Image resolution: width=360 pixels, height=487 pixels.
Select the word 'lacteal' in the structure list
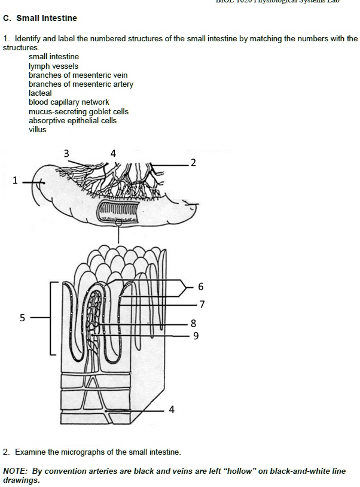click(40, 93)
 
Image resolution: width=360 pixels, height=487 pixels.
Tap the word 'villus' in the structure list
click(37, 130)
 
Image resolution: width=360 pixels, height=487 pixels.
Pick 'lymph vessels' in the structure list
click(53, 66)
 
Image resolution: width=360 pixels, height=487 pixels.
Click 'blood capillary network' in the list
click(69, 102)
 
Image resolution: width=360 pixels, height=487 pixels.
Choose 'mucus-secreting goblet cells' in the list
click(78, 112)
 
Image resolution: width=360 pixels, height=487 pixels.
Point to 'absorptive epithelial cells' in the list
click(72, 121)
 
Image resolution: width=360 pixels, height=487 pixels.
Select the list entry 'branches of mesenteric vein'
click(78, 75)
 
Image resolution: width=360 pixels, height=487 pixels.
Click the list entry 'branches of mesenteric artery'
click(81, 84)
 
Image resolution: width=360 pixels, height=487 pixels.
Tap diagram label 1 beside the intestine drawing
click(15, 181)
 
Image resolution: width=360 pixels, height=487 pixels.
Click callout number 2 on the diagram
click(193, 163)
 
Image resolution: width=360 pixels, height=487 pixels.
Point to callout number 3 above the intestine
click(66, 154)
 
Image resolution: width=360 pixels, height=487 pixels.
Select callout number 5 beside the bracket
click(23, 318)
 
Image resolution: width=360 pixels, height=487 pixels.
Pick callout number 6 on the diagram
click(201, 287)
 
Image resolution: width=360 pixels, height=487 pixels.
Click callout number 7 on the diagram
click(202, 305)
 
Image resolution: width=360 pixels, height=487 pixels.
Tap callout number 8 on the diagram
click(193, 324)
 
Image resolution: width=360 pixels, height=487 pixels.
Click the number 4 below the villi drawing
click(172, 410)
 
